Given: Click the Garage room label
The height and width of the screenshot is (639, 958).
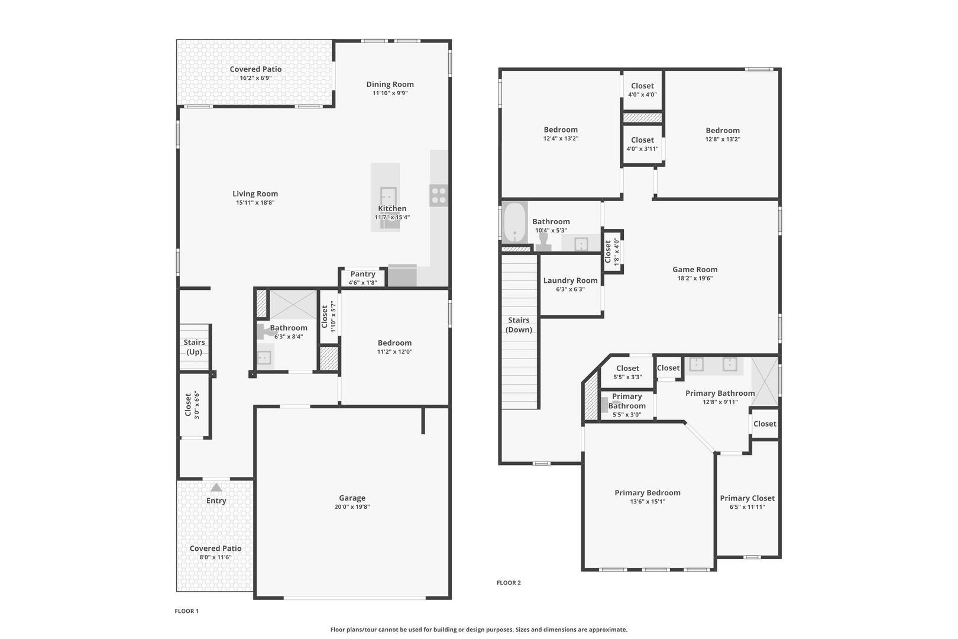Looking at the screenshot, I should pyautogui.click(x=352, y=498).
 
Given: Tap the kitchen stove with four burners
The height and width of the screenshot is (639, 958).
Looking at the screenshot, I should pyautogui.click(x=438, y=195).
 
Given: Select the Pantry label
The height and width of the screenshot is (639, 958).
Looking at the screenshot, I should pyautogui.click(x=363, y=274).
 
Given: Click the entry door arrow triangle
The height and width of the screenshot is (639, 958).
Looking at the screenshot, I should pyautogui.click(x=216, y=488).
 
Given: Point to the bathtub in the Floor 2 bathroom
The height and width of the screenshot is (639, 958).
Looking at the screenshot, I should pyautogui.click(x=514, y=223).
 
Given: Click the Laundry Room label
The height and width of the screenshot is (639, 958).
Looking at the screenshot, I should pyautogui.click(x=570, y=280).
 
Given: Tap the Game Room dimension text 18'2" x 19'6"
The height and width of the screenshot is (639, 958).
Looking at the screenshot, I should pyautogui.click(x=695, y=278).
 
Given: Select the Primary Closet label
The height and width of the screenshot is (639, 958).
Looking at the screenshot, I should pyautogui.click(x=747, y=498).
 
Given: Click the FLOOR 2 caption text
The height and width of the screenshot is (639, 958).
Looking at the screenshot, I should pyautogui.click(x=509, y=583).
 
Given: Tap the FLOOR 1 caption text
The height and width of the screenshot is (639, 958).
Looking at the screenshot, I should pyautogui.click(x=187, y=611).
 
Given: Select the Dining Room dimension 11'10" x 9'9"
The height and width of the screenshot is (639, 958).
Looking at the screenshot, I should pyautogui.click(x=390, y=93).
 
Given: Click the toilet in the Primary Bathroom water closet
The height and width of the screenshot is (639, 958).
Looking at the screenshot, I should pyautogui.click(x=606, y=405).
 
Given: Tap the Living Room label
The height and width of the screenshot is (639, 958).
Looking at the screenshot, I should pyautogui.click(x=255, y=193).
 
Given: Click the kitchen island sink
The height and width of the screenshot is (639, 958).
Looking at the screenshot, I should pyautogui.click(x=388, y=196).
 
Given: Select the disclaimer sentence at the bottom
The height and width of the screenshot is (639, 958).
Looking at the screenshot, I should pyautogui.click(x=478, y=630).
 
